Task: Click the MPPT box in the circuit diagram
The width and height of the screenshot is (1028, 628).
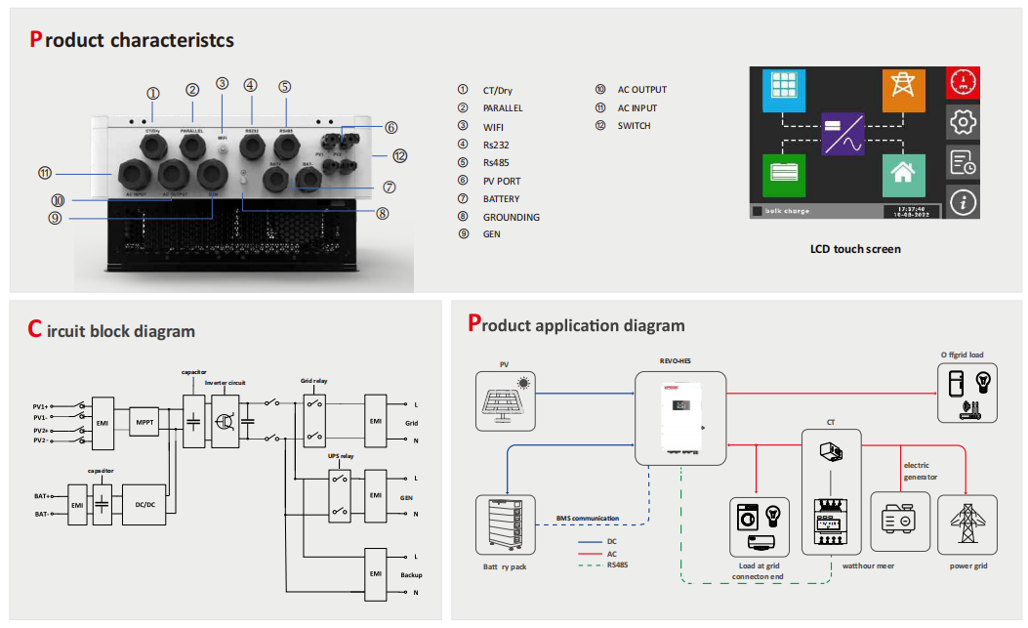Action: pos(144,421)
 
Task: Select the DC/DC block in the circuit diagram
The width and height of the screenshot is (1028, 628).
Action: pos(145,504)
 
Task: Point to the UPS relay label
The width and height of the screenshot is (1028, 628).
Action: pos(340,456)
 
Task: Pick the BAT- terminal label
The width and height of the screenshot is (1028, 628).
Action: pos(43,514)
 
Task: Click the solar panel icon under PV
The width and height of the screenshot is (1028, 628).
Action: pos(504,400)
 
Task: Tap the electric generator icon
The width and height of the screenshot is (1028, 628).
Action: pos(899,521)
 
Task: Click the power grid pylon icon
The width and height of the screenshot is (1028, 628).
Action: pos(967,525)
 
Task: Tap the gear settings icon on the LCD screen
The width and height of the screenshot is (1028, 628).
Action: pos(963,122)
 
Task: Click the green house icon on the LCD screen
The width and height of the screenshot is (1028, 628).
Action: pos(903,176)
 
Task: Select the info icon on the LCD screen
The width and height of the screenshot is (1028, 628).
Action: pos(963,201)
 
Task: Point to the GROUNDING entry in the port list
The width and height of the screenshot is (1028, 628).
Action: pos(511,217)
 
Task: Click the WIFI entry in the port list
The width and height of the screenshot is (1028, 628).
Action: pos(495,126)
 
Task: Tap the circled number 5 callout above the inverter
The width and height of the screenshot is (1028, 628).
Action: pos(284,86)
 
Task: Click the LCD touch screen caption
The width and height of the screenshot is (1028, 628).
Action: pos(855,249)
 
